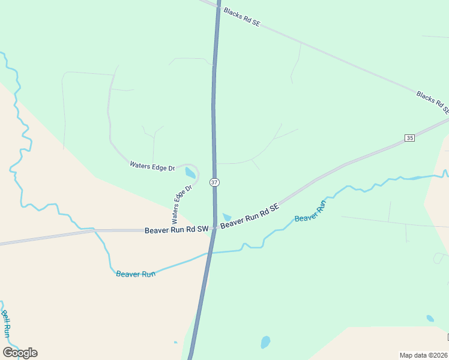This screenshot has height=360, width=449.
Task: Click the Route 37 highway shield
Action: coord(214,182)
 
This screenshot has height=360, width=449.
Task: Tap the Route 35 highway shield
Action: coord(409,138)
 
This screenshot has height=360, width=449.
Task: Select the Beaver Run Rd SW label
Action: coord(176,230)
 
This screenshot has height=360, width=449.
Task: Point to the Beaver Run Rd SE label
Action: coord(250,216)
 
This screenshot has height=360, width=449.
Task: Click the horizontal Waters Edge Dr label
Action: coord(152,166)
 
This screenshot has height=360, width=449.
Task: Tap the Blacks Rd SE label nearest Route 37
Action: coord(241,17)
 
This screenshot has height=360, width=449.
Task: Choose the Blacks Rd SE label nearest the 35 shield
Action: coord(432,103)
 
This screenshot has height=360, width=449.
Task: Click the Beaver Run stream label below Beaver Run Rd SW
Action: coord(136,274)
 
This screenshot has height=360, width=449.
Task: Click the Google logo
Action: coord(20,353)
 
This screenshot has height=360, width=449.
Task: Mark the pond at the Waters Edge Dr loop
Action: coord(190,174)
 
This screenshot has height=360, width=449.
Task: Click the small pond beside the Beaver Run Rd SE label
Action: coord(226,217)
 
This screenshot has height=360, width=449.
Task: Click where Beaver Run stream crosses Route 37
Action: coord(208,253)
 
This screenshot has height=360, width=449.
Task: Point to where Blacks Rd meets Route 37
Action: coord(218,6)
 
